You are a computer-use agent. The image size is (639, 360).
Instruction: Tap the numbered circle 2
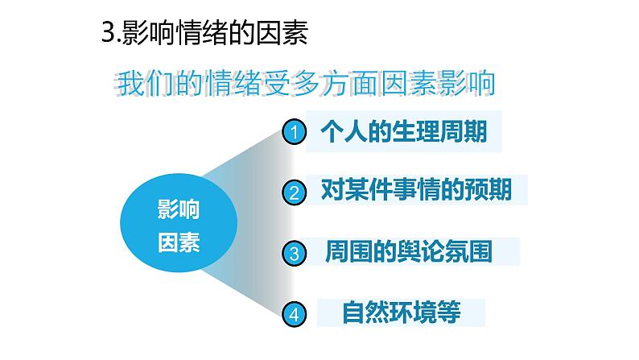(295, 193)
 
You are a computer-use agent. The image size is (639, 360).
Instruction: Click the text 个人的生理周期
(404, 130)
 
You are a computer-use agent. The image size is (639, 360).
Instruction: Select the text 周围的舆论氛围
(409, 250)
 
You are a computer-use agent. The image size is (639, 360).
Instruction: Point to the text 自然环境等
(402, 312)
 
